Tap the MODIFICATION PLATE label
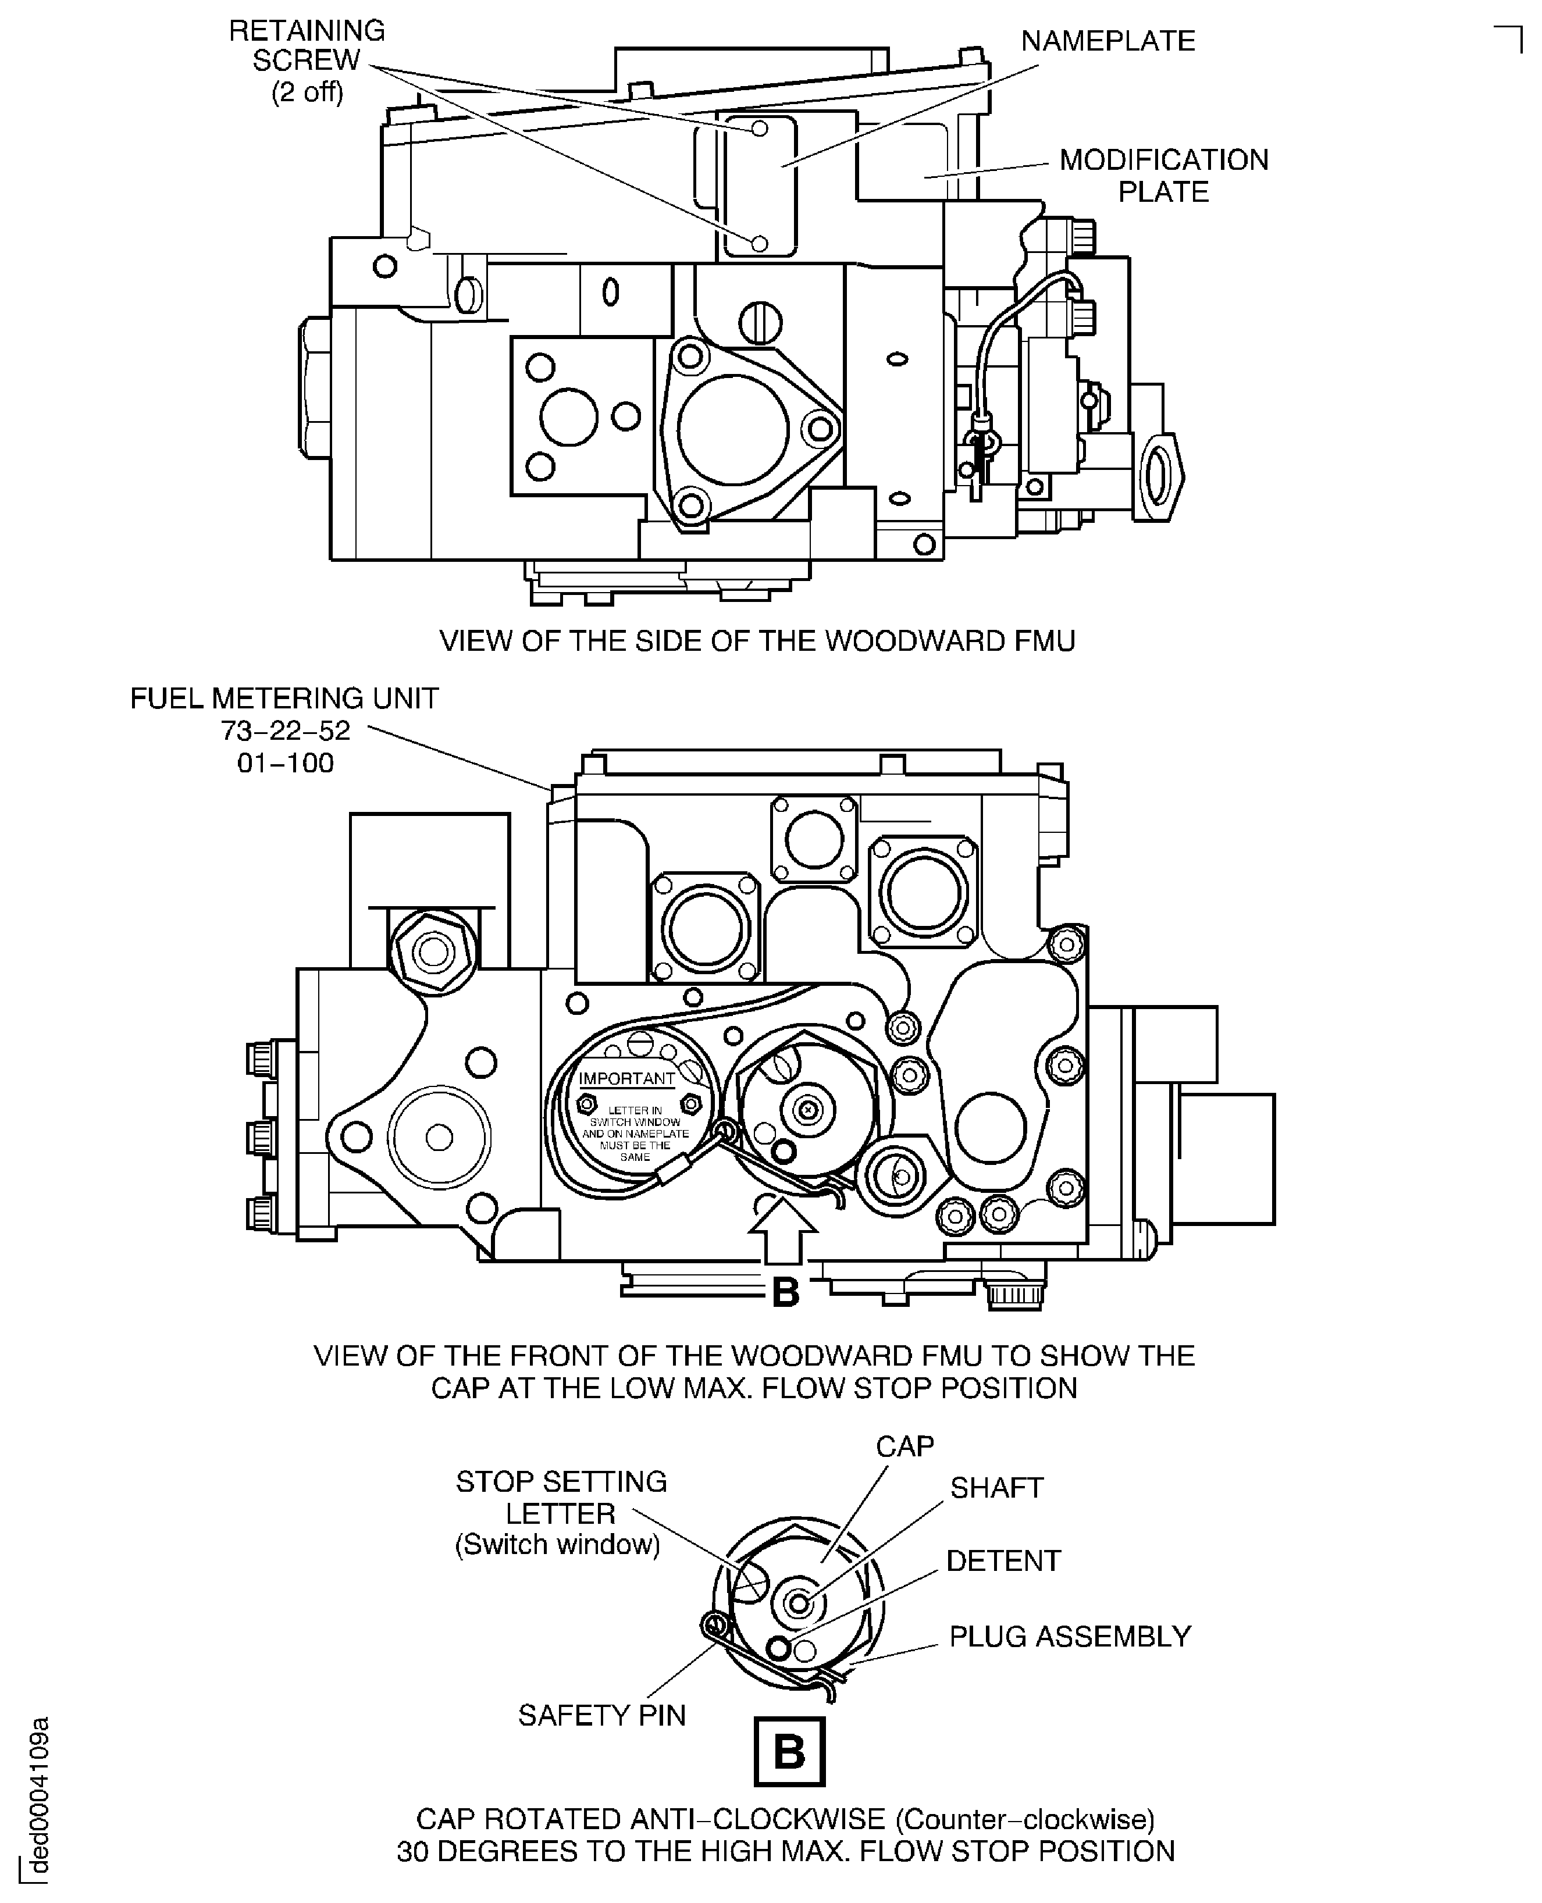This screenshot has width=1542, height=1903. [1163, 176]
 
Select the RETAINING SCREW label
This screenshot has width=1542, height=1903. [307, 60]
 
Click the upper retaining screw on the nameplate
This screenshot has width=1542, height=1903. [760, 129]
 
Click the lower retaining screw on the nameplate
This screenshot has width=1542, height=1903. [760, 243]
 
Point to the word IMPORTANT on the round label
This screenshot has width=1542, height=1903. [627, 1079]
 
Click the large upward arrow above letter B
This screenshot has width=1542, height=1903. [782, 1230]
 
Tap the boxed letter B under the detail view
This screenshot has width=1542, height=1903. [789, 1752]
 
